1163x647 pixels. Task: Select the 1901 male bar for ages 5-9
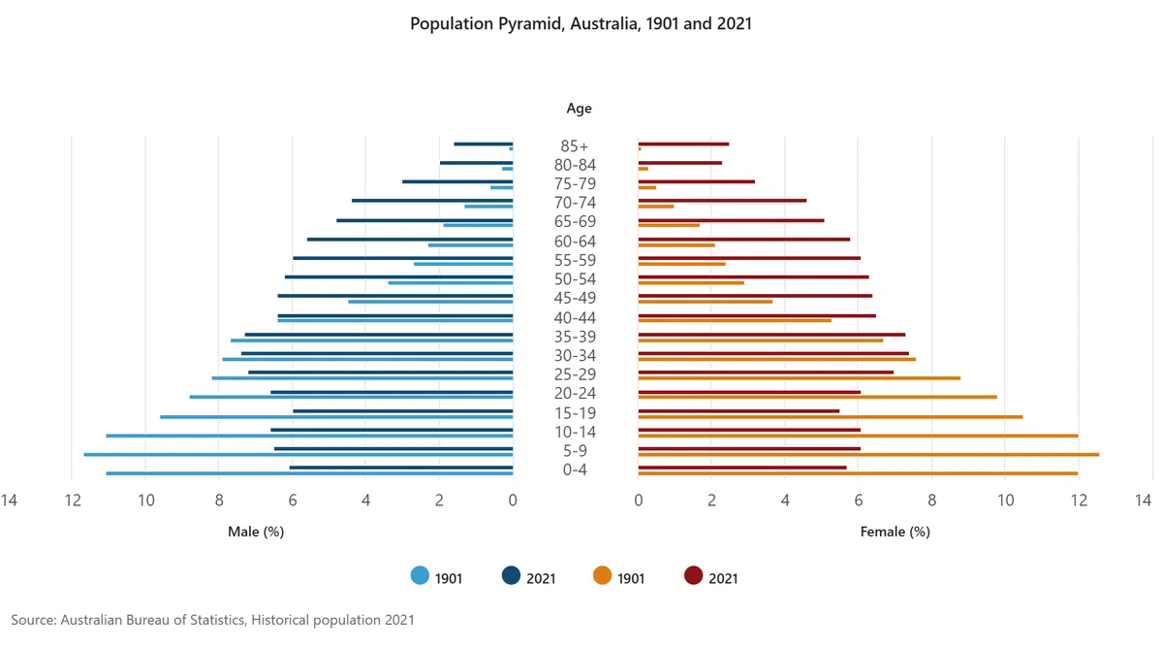[299, 455]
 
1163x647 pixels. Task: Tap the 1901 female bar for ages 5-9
[868, 455]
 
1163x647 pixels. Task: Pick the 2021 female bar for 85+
[683, 144]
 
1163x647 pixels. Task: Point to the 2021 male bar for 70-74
[432, 201]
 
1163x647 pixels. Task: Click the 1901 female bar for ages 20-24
[817, 397]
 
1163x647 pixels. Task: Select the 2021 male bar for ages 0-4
[401, 468]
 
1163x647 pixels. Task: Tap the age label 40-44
[575, 317]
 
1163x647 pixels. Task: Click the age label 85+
[575, 146]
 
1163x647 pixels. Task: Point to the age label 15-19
[575, 413]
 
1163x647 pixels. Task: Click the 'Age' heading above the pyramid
[579, 109]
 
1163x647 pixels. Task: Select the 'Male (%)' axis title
[256, 532]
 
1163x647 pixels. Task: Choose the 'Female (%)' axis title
[896, 532]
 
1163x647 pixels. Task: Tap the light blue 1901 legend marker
[420, 575]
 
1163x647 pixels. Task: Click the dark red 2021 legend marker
[694, 575]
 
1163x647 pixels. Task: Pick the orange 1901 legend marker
[602, 575]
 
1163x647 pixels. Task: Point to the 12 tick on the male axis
[73, 500]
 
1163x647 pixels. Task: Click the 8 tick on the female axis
[932, 500]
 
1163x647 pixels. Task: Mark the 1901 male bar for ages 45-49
[430, 302]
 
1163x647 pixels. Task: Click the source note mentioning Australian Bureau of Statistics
[213, 620]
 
